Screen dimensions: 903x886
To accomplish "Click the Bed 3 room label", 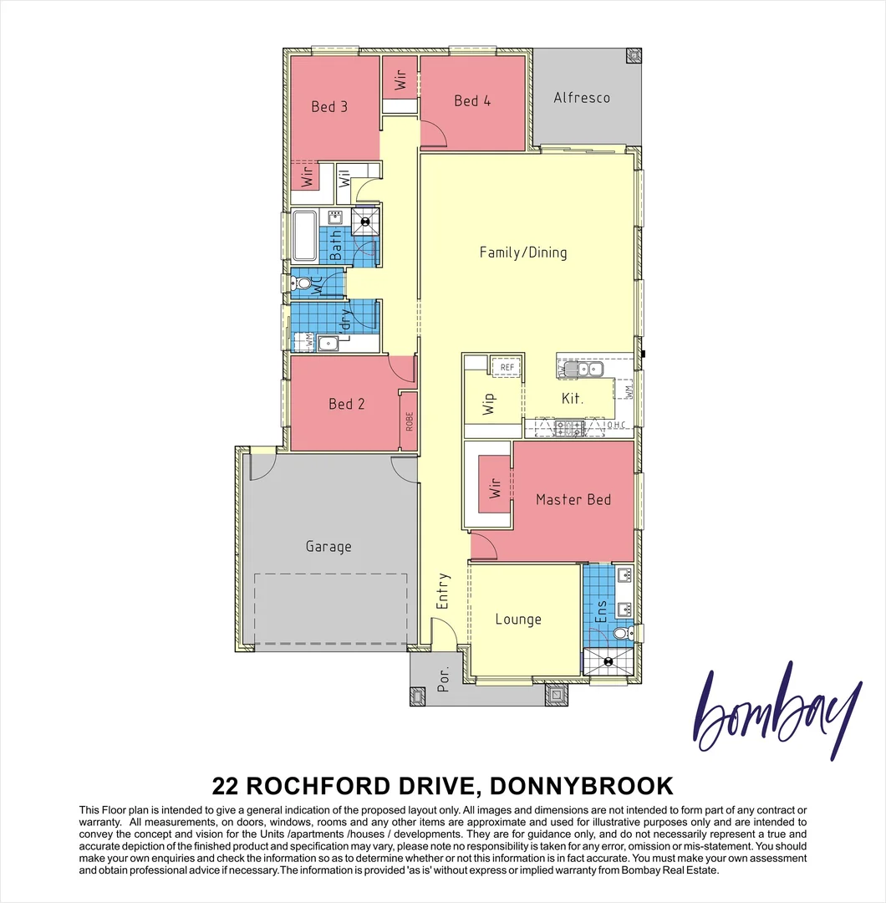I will tap(329, 106).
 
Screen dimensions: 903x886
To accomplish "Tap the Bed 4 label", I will tap(472, 100).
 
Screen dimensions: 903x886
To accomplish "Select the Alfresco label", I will tap(582, 98).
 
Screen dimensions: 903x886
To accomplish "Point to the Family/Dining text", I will tap(523, 252).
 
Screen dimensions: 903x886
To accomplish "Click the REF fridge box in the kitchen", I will tap(507, 367).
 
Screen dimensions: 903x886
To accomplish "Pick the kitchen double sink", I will tap(580, 369).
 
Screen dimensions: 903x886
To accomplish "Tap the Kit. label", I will tap(572, 399).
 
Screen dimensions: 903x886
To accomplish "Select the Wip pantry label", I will tap(489, 402).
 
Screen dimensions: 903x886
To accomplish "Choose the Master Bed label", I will tap(573, 499).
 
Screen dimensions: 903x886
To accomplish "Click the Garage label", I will tap(328, 546).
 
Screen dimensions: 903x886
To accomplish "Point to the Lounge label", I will tap(518, 619).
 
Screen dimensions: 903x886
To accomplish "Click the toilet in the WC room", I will tap(302, 285).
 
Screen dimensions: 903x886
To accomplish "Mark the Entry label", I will tap(443, 589).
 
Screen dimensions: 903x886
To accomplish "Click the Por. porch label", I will tap(444, 681).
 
